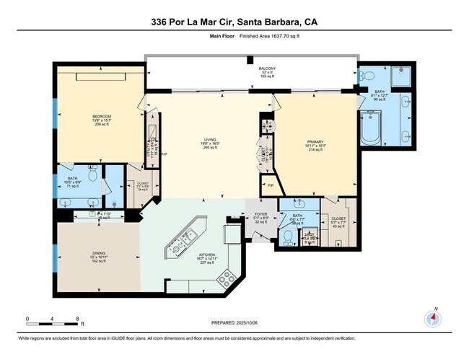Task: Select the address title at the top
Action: pos(234,22)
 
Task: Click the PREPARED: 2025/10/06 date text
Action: pos(234,322)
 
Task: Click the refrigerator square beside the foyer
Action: pos(233,234)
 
